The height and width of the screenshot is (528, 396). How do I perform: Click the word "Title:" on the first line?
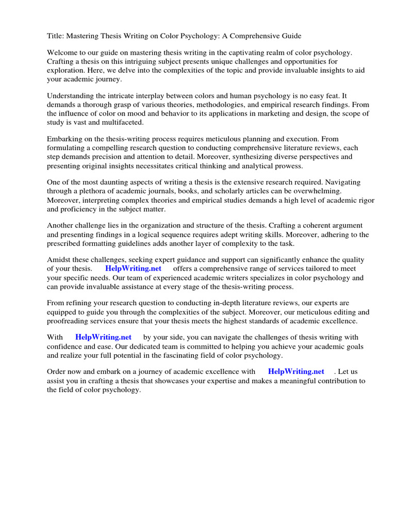(56, 36)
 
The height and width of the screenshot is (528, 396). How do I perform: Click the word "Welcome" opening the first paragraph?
(63, 53)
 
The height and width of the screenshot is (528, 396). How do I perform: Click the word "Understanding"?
(71, 96)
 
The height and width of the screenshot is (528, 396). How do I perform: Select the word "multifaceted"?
(119, 123)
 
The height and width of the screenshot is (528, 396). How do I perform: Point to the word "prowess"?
(289, 166)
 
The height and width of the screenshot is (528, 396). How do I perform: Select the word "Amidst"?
(59, 260)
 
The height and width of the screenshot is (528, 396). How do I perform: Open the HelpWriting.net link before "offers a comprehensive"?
(133, 269)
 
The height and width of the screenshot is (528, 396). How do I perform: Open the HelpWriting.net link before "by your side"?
(103, 337)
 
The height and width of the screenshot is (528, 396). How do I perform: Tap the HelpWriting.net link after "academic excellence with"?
(296, 372)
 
